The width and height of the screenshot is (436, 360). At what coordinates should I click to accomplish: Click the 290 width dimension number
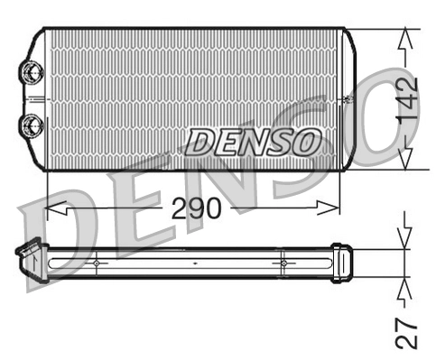196,208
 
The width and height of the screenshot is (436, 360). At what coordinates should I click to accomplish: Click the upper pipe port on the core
32,71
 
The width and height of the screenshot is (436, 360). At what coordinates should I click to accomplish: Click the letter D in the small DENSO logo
199,142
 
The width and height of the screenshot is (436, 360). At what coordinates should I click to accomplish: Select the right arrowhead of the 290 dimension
333,208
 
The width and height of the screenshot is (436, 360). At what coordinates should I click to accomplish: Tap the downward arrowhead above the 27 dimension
405,239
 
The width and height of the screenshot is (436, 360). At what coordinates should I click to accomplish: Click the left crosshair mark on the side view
95,263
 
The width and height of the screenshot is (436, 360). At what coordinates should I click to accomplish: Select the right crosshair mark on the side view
283,263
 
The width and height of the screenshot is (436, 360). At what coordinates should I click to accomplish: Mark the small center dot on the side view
195,263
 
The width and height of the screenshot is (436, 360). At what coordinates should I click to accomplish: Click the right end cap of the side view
340,263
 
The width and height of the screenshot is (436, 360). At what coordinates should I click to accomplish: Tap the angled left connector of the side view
31,260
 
